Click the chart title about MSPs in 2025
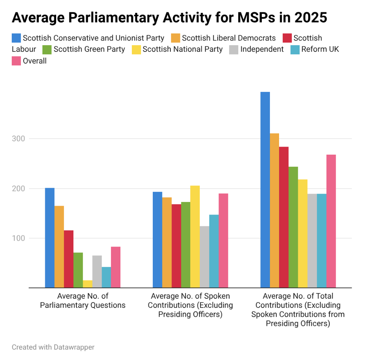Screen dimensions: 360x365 pyautogui.click(x=169, y=18)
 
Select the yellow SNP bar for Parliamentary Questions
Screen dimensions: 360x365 pyautogui.click(x=87, y=284)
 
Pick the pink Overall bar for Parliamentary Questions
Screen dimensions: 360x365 pyautogui.click(x=116, y=267)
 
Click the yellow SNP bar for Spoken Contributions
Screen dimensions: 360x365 pyautogui.click(x=195, y=237)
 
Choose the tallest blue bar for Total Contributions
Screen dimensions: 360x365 pyautogui.click(x=265, y=190)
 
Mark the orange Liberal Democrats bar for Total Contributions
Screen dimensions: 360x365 pyautogui.click(x=275, y=210)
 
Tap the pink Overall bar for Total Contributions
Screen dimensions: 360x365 pyautogui.click(x=331, y=221)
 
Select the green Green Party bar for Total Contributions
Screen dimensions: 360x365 pyautogui.click(x=293, y=227)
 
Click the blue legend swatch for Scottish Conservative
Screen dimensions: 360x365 pyautogui.click(x=17, y=38)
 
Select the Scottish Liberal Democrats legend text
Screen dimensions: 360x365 pyautogui.click(x=229, y=38)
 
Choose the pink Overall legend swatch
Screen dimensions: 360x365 pyautogui.click(x=17, y=61)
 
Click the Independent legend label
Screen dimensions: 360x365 pyautogui.click(x=262, y=49)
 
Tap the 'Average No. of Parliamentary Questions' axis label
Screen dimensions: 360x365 pyautogui.click(x=83, y=300)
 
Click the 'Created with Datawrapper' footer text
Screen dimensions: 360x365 pyautogui.click(x=53, y=347)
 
